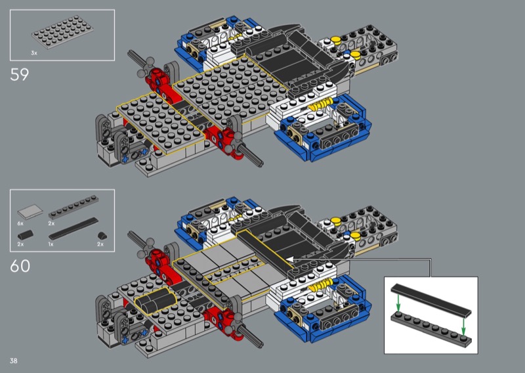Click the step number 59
pyautogui.click(x=20, y=74)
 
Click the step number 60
pyautogui.click(x=20, y=266)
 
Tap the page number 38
pyautogui.click(x=13, y=361)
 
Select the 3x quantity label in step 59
pyautogui.click(x=34, y=53)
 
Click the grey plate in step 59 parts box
pyautogui.click(x=62, y=32)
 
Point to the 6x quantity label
pyautogui.click(x=20, y=223)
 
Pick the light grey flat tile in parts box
pyautogui.click(x=30, y=211)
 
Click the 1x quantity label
pyautogui.click(x=51, y=244)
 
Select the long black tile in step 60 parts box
pyautogui.click(x=73, y=229)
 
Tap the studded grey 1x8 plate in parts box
pyautogui.click(x=73, y=207)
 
